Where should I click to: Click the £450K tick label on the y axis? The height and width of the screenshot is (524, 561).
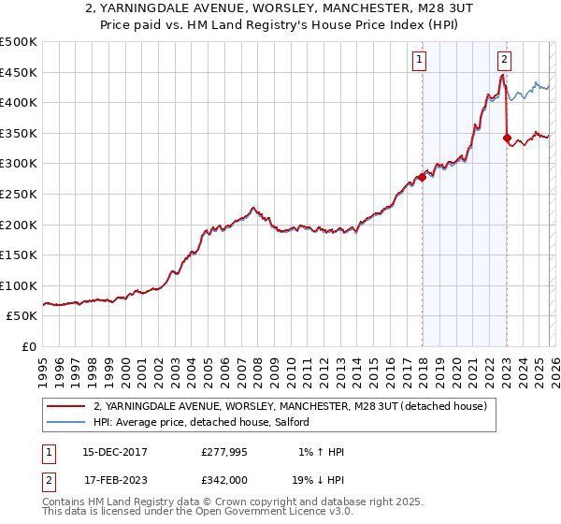click(x=19, y=72)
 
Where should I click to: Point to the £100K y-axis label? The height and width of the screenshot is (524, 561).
click(x=19, y=285)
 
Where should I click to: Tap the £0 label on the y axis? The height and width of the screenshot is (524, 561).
click(x=28, y=346)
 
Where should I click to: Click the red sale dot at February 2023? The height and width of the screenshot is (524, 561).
click(x=507, y=138)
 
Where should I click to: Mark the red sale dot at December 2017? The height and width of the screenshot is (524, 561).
click(x=422, y=177)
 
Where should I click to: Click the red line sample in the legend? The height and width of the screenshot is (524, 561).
click(x=65, y=407)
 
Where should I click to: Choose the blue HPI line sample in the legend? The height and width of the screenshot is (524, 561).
click(x=65, y=423)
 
